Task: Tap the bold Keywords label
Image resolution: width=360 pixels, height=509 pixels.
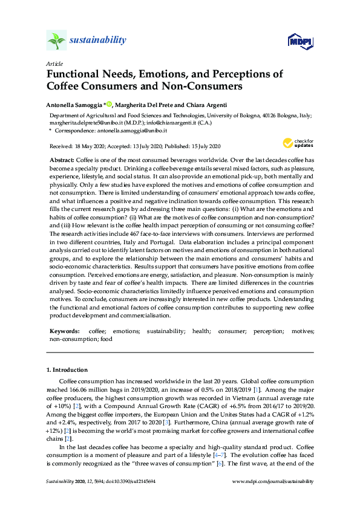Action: (64, 332)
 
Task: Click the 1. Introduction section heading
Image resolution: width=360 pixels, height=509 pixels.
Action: (67, 369)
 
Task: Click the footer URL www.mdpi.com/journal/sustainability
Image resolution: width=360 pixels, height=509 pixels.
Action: (273, 481)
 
